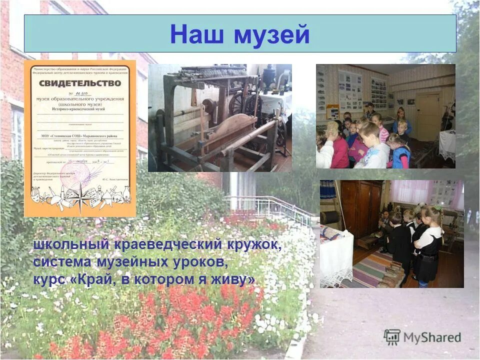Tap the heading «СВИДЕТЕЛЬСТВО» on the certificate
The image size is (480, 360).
tap(80, 83)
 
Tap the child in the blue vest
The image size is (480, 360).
tap(401, 152)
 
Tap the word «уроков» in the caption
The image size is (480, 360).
tap(199, 262)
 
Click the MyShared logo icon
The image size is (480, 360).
tap(392, 337)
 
